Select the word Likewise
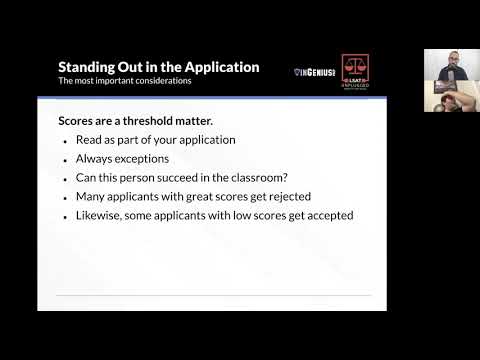click(100, 216)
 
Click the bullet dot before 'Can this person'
click(65, 179)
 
